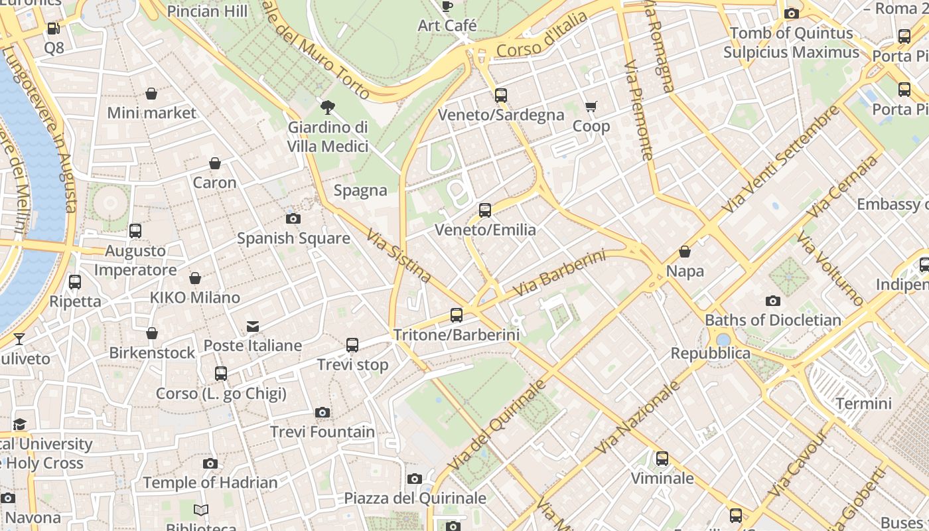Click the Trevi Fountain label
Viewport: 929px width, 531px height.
click(x=322, y=432)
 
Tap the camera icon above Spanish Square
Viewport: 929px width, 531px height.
click(x=293, y=218)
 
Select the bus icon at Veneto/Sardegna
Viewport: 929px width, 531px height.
click(x=501, y=96)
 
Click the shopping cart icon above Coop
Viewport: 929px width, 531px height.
click(x=591, y=106)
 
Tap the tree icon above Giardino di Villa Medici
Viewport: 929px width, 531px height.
click(x=327, y=107)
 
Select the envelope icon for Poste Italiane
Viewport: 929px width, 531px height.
click(x=253, y=326)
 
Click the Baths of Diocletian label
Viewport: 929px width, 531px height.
click(x=773, y=320)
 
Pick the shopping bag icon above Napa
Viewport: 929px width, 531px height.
click(x=685, y=252)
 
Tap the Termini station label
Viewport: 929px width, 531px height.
click(x=863, y=404)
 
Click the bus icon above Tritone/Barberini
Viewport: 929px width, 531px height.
click(x=457, y=315)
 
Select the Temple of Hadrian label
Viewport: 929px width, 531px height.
click(x=210, y=483)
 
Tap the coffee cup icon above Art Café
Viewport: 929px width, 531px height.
click(x=447, y=7)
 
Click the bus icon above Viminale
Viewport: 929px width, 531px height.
click(x=662, y=459)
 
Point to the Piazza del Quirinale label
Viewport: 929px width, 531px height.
click(x=415, y=498)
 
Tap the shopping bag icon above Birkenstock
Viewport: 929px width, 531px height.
click(x=152, y=333)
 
